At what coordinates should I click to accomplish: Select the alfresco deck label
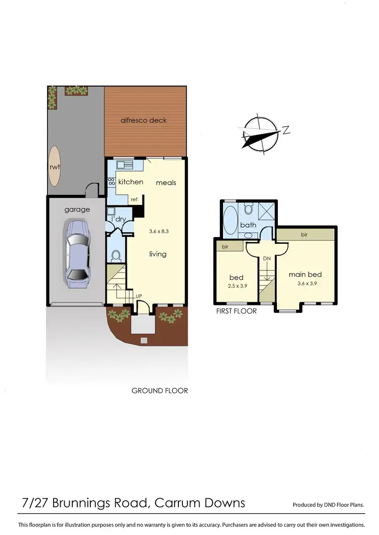coord(144,120)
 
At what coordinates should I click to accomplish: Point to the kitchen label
coord(131,182)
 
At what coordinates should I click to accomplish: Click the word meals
coord(166,182)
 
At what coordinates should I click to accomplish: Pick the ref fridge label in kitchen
coord(134,199)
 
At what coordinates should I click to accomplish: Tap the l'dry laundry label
coord(119,219)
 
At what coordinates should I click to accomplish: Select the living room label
coord(158,254)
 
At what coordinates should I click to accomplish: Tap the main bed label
coord(305,275)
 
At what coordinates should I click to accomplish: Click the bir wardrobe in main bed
coord(305,234)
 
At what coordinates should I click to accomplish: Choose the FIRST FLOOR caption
coord(236,311)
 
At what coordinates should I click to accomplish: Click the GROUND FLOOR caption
coord(160,390)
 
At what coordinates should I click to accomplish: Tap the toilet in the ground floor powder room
coord(115,255)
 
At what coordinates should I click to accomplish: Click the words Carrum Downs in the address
coord(200,503)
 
